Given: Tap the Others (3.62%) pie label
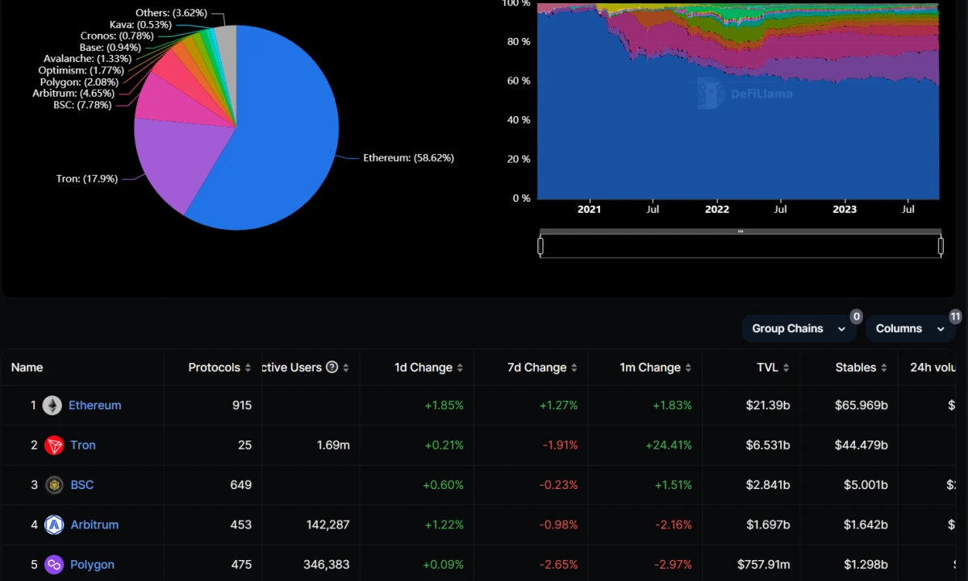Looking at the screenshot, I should coord(171,13).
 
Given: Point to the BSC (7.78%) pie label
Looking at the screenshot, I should coord(82,105).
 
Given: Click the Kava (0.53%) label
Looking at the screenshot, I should coord(140,24).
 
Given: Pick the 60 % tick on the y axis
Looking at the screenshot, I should coord(518,81).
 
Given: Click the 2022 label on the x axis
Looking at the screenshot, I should coord(716,210).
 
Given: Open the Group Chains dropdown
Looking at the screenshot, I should coord(798,328).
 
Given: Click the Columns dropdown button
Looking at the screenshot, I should coord(909,328).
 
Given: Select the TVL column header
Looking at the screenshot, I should coord(767,367).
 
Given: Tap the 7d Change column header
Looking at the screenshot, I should coord(536,367).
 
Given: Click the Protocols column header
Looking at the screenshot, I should coord(215,367).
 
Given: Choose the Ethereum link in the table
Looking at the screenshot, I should coord(94,405).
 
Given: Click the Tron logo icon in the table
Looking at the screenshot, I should coord(54,445).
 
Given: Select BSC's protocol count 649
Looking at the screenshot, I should coord(240,485).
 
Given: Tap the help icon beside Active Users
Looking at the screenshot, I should coord(332,367).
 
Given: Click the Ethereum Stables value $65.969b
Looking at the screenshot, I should coord(861,405).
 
